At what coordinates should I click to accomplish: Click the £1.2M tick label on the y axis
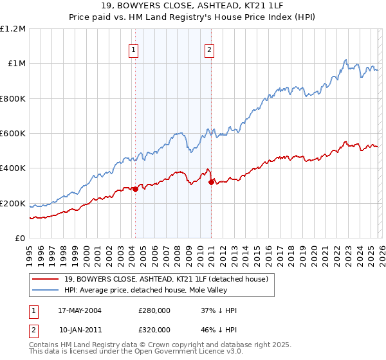pos(13,28)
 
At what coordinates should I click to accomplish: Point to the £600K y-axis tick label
pos(13,134)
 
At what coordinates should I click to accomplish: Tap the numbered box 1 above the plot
pos(134,49)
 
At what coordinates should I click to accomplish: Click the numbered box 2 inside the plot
pos(210,49)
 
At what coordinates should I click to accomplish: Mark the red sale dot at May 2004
pos(135,189)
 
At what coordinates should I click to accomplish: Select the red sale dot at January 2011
pos(211,182)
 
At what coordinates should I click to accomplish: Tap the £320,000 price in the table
pos(154,329)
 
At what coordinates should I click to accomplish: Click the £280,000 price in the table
pos(154,310)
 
